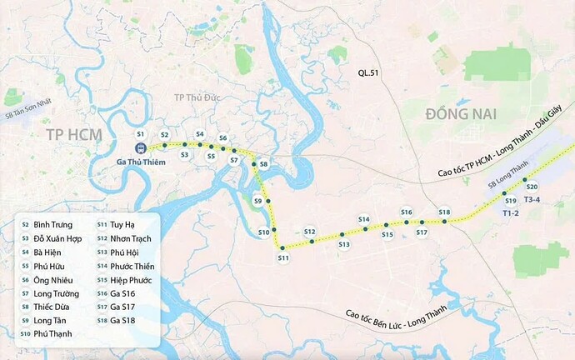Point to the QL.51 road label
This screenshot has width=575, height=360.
pos(364,73)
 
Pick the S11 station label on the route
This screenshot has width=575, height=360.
pos(282,257)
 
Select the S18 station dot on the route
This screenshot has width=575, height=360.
pos(444,221)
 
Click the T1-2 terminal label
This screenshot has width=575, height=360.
pos(511,213)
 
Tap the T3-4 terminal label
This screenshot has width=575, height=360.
pos(532,200)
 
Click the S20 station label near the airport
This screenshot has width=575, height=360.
pos(532,187)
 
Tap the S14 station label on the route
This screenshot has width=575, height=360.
pos(364,219)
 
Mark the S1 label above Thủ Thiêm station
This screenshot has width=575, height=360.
pos(141,134)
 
